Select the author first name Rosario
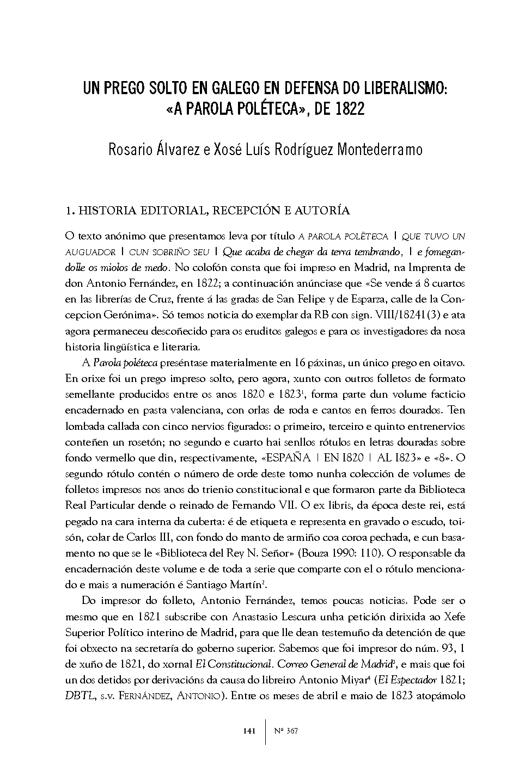132,149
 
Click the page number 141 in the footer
248,731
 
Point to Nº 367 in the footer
285,731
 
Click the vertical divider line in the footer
266,731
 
